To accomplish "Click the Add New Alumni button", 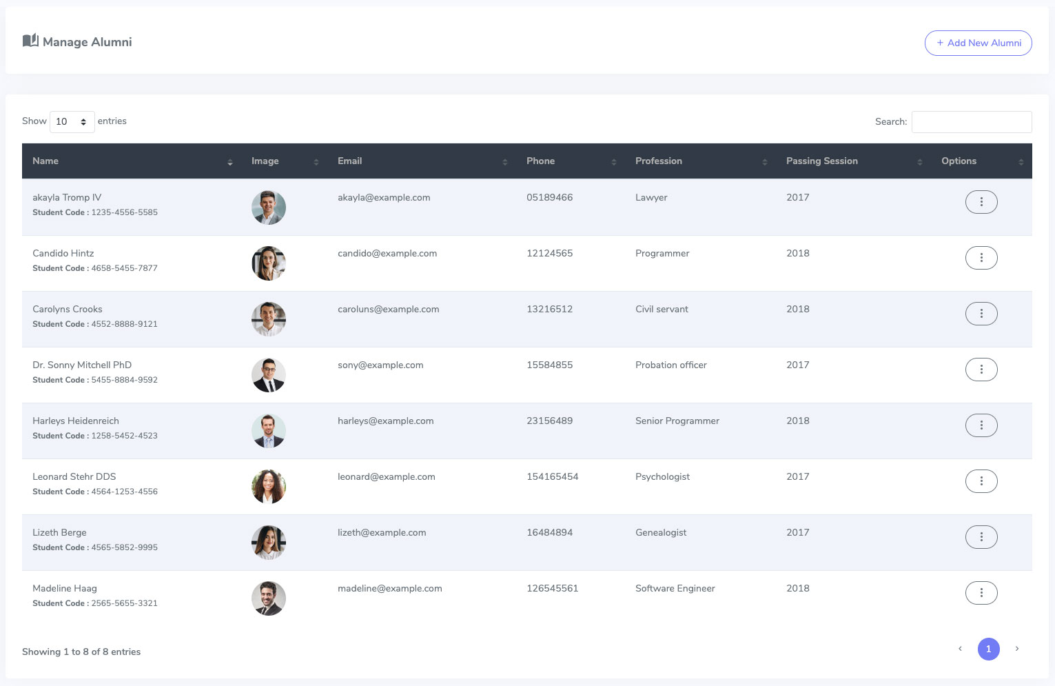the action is point(979,43).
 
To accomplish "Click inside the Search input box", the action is point(972,121).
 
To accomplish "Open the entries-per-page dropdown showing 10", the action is point(72,121).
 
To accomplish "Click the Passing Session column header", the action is point(822,161).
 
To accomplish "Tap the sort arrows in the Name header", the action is point(230,162).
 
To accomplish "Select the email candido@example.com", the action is point(387,253).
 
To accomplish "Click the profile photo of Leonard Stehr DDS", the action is point(269,486).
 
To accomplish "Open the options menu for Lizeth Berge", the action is point(981,536).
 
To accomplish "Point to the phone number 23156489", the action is point(550,421).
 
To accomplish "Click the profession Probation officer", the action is point(670,365).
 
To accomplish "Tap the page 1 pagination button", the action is point(988,649).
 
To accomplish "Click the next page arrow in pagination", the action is point(1017,649).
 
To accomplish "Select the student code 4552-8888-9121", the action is point(124,323).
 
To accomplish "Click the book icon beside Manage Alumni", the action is point(30,41).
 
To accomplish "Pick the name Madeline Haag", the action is point(65,588).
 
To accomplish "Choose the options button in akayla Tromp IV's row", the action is point(981,201).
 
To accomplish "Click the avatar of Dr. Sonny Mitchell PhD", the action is point(269,374).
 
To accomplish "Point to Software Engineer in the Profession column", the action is point(675,588).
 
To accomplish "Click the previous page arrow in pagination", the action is point(960,649).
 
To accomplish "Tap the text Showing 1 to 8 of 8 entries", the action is point(81,652).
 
